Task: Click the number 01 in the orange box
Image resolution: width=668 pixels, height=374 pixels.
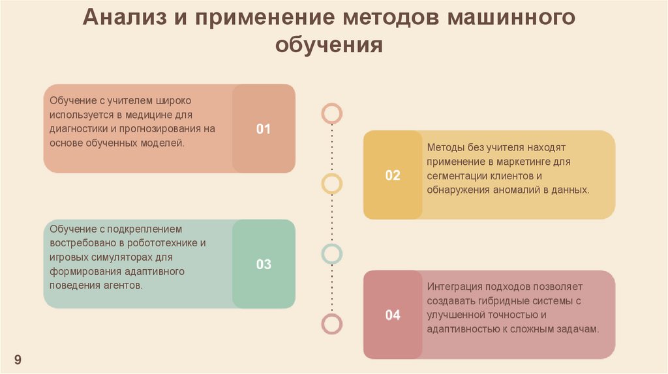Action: tap(263, 129)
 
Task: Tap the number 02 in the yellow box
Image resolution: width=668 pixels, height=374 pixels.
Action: tap(393, 175)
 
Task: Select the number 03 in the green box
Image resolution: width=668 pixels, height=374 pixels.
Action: tap(263, 265)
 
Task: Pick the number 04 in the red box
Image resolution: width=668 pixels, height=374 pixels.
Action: tap(393, 315)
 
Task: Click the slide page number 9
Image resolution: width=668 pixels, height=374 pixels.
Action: tap(18, 360)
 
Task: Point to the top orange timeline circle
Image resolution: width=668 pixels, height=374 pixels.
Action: tap(332, 113)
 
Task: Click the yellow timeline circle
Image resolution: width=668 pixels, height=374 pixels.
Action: tap(332, 184)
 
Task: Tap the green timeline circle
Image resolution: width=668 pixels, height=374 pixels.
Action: tap(332, 253)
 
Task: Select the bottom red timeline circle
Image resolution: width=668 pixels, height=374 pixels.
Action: tap(332, 323)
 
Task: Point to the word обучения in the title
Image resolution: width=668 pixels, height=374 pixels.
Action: tap(329, 45)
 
